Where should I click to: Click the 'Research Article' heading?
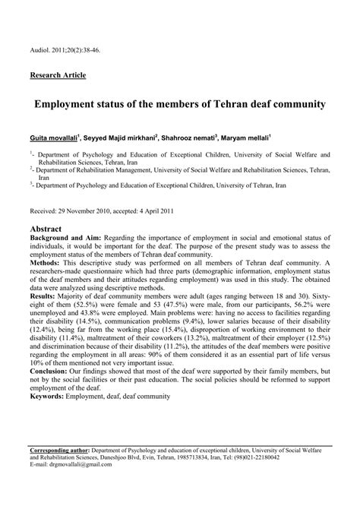tap(58, 75)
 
